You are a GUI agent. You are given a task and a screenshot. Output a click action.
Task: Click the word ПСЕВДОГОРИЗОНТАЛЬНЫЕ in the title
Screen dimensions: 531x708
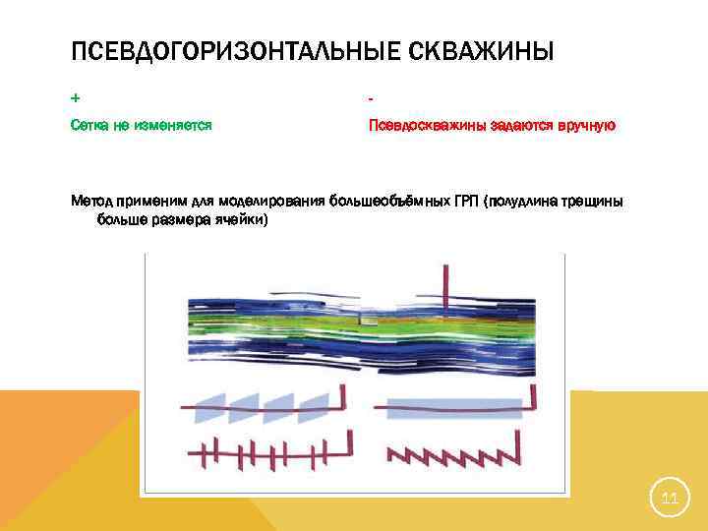tap(228, 50)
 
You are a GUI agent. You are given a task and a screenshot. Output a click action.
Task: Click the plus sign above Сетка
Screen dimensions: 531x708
tap(76, 99)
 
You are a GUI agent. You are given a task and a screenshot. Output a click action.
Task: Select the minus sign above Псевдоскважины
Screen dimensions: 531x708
tap(371, 99)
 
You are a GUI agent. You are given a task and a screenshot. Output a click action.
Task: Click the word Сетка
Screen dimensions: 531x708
tap(90, 125)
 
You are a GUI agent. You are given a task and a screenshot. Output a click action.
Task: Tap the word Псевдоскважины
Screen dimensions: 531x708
tap(422, 125)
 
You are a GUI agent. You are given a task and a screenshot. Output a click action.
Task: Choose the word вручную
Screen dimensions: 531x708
tap(586, 125)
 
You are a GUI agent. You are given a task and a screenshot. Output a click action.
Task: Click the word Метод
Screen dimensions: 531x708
tap(92, 202)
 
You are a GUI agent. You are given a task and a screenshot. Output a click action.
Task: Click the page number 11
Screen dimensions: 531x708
tap(670, 500)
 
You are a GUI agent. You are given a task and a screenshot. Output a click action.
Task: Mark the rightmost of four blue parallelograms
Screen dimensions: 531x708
tap(315, 407)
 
